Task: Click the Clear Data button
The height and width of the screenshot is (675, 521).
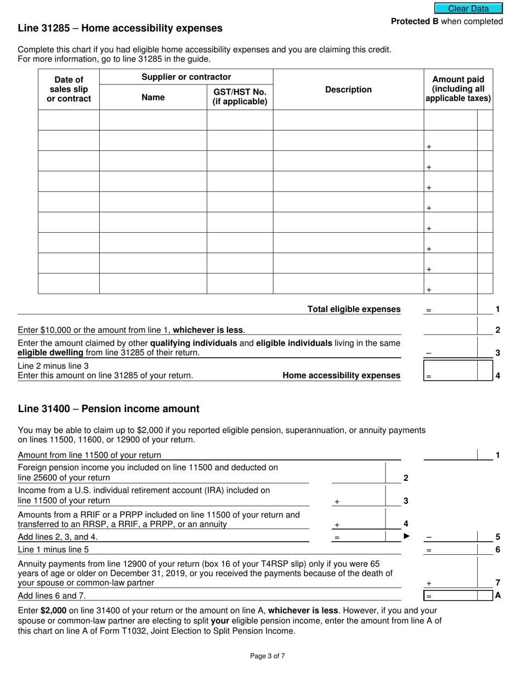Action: coord(468,8)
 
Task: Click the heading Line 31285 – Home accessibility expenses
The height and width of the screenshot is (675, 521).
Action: coord(120,28)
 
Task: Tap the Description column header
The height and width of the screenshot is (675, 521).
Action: coord(348,89)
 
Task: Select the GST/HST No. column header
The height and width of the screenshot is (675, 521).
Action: coord(240,97)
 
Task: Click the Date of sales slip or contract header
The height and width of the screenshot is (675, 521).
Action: coord(69,89)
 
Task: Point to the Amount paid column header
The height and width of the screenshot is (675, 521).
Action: coord(458,89)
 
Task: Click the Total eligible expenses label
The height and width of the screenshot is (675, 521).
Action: coord(354,310)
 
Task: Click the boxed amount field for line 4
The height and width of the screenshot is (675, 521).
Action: coord(458,370)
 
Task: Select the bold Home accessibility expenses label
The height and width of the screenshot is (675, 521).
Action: coord(341,375)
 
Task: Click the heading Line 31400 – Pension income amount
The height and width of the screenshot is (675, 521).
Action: coord(109,409)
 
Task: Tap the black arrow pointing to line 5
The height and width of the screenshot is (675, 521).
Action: coord(407,536)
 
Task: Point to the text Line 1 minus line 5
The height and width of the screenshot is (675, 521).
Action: coord(53,549)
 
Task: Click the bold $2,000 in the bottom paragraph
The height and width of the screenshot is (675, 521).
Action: coord(54,610)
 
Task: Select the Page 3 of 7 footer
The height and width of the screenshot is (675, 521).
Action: coord(267,656)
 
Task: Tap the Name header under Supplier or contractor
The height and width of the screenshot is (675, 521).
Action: coord(153,97)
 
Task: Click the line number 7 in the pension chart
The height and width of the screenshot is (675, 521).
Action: coord(497,583)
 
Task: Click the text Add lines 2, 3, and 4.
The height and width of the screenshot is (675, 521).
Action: coord(58,537)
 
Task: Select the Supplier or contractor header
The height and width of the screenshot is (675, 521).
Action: coord(186,77)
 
